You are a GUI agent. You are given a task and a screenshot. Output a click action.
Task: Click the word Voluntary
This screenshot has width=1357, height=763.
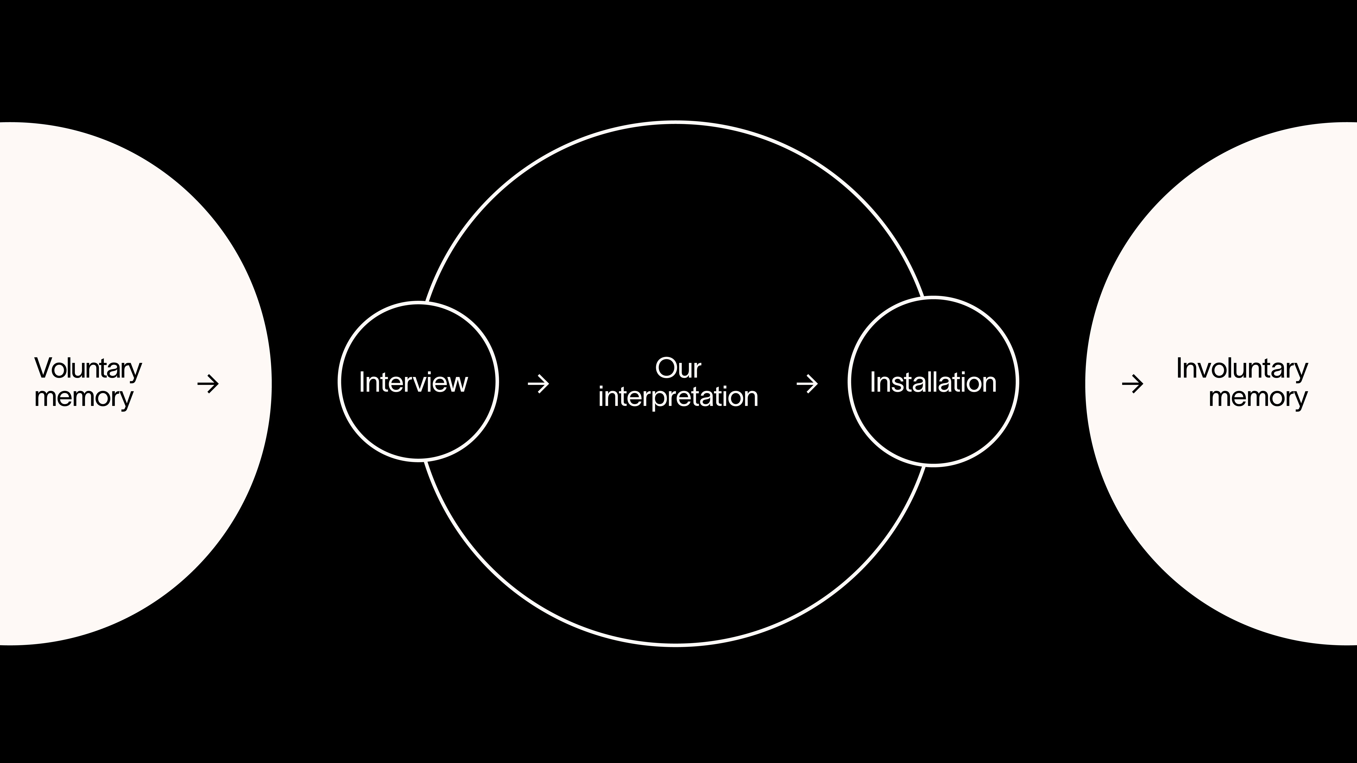[x=88, y=369]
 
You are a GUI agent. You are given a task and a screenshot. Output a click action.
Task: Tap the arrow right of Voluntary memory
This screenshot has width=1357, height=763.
[x=208, y=384]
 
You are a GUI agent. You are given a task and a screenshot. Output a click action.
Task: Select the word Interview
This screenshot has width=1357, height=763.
[x=414, y=382]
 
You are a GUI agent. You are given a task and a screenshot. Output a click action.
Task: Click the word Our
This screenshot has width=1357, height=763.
[x=678, y=368]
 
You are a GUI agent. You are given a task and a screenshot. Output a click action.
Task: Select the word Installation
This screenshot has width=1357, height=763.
[x=933, y=382]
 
